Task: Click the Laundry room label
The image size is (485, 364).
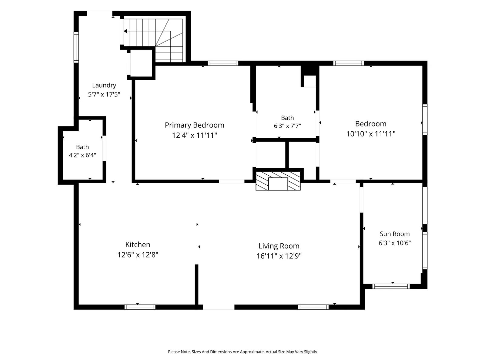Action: coord(104,86)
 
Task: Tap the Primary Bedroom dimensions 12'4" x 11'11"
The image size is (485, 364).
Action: coord(194,135)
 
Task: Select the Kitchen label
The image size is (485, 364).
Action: coord(138,244)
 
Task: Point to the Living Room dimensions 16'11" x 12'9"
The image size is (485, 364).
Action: coord(279,256)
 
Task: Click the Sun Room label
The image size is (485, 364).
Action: coord(395,234)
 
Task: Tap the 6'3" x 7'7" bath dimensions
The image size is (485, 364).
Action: coord(287,126)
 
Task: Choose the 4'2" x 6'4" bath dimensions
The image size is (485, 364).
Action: coord(82,155)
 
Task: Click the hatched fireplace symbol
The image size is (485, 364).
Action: coord(278,181)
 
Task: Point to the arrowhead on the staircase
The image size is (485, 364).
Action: coord(125,31)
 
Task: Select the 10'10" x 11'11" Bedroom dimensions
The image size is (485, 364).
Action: coord(370,134)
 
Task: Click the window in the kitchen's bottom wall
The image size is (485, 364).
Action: coord(140,307)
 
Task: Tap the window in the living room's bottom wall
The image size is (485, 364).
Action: coord(313,307)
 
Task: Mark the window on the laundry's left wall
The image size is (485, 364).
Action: coord(76,47)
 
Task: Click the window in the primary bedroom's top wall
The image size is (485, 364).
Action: coord(223,63)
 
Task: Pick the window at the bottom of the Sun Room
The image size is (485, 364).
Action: coord(391,286)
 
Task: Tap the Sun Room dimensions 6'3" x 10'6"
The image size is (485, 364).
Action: coord(395,243)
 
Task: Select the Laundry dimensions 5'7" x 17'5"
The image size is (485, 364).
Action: coord(104,94)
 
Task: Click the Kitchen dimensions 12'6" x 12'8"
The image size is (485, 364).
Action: coord(138,255)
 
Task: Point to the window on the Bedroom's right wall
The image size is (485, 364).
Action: coord(425,120)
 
